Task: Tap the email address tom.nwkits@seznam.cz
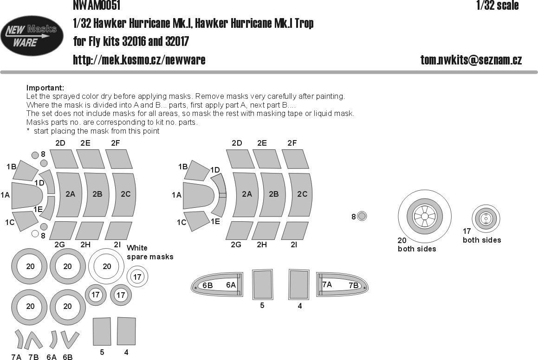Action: click(471, 60)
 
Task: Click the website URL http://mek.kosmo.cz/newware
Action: click(139, 60)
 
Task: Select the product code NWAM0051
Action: click(97, 5)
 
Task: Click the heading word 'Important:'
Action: click(45, 88)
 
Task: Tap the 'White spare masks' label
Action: click(149, 252)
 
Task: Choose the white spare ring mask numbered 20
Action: click(107, 266)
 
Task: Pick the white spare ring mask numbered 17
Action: click(137, 277)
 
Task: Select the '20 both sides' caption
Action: click(416, 244)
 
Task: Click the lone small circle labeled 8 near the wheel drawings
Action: click(362, 216)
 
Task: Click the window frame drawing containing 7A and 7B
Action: click(341, 284)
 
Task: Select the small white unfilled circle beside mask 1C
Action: click(35, 234)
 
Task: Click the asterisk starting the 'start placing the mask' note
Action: click(28, 131)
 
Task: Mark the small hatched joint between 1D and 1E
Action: click(222, 195)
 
